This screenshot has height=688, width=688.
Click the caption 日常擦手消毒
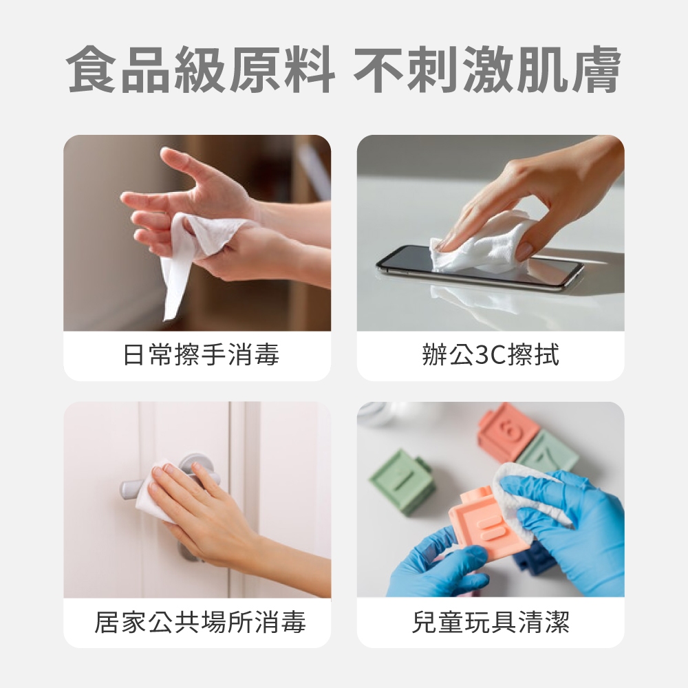(x=201, y=354)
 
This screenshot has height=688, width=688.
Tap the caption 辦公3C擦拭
(x=491, y=354)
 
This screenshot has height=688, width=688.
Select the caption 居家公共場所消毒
(x=200, y=622)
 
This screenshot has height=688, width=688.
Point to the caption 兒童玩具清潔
(x=491, y=622)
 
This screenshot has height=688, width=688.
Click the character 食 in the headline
(x=93, y=69)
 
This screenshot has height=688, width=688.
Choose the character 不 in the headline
(x=380, y=69)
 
